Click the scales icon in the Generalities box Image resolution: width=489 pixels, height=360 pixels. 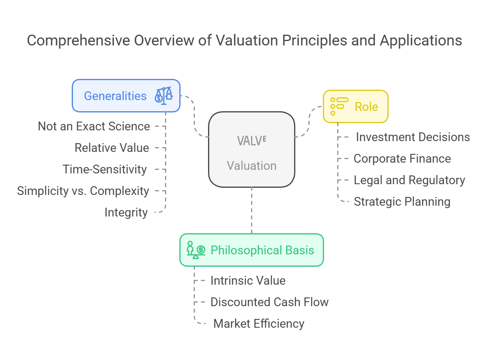point(164,96)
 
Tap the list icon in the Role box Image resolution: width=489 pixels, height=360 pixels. point(339,106)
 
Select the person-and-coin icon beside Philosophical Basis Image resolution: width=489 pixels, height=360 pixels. point(196,250)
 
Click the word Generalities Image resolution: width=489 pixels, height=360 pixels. point(115,96)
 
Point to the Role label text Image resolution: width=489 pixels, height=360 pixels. point(366,107)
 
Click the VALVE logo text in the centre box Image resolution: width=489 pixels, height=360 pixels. point(252,141)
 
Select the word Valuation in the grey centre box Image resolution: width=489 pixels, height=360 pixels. point(252,165)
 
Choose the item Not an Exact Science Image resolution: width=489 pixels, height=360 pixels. point(94,126)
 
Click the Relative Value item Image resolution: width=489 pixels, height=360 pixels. point(112,148)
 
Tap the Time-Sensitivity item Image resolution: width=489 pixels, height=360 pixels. point(104,169)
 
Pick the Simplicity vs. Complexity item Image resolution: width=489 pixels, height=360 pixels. point(83,191)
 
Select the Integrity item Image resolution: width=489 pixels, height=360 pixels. point(126,212)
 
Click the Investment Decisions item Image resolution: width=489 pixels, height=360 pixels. point(413,137)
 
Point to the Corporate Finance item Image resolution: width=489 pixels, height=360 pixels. point(402,159)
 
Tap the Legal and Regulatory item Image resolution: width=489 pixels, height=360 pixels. point(409,180)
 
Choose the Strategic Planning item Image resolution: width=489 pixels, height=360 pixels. point(402,202)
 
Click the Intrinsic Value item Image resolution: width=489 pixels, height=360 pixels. point(248,281)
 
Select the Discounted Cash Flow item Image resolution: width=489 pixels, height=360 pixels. point(269,302)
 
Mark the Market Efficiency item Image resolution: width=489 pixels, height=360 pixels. point(259,324)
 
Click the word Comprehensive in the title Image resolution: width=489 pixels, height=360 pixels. point(79,41)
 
